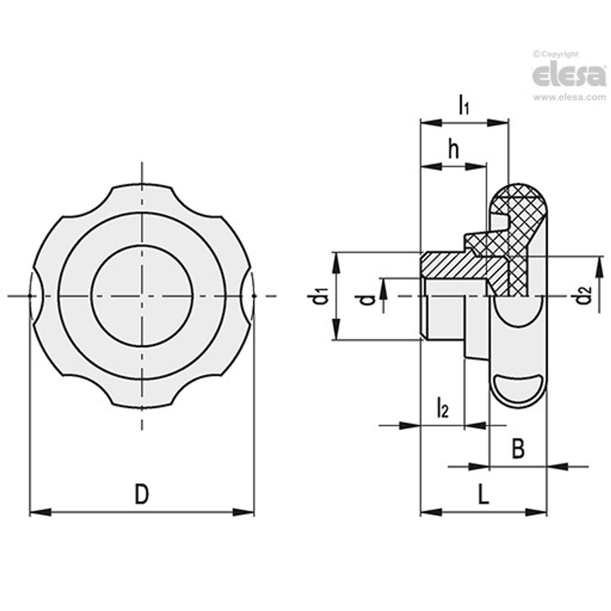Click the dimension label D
click(142, 494)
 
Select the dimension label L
click(483, 495)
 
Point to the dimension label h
click(454, 149)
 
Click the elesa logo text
click(569, 75)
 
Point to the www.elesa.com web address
click(569, 98)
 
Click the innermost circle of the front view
click(142, 296)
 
